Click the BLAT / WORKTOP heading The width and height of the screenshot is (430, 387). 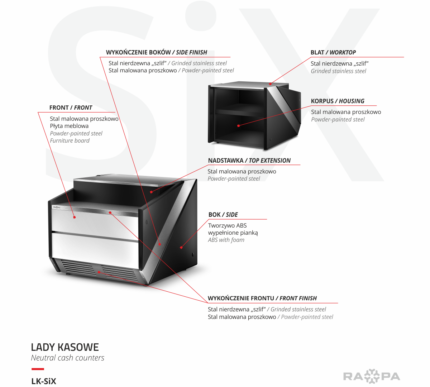click(x=333, y=52)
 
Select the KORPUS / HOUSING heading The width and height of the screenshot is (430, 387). click(x=338, y=101)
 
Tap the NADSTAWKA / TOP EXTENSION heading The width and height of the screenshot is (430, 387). click(x=249, y=161)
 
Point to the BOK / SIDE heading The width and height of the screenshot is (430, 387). click(x=223, y=215)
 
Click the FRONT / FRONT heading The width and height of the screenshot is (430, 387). click(x=71, y=107)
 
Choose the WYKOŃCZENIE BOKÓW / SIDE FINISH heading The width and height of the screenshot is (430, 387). click(x=157, y=52)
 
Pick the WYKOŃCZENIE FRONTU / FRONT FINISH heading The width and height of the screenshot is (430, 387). click(x=262, y=298)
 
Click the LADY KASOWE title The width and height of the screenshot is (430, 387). click(x=65, y=347)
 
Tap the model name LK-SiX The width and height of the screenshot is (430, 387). click(x=44, y=381)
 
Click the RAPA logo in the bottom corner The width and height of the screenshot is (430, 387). click(x=372, y=376)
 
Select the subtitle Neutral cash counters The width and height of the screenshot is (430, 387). click(x=67, y=358)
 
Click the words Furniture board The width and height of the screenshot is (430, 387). click(x=70, y=141)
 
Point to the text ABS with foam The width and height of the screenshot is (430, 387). click(x=226, y=240)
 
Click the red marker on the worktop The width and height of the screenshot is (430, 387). click(x=270, y=84)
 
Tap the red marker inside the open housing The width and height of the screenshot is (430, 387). click(x=238, y=126)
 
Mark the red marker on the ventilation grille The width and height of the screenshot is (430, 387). click(x=99, y=272)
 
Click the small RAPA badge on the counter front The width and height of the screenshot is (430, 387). click(x=57, y=207)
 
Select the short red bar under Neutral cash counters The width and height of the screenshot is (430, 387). click(x=38, y=369)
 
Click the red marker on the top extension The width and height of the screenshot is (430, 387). click(x=151, y=192)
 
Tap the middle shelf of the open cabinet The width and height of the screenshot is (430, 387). click(x=240, y=111)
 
